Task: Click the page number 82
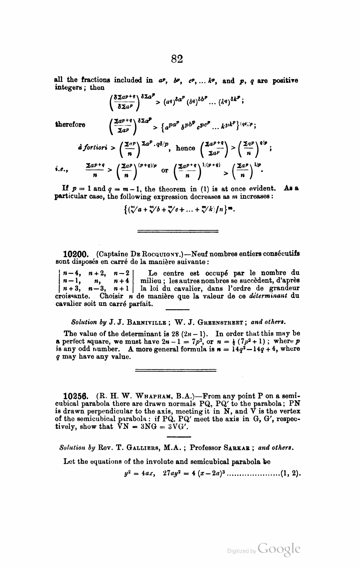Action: (x=177, y=59)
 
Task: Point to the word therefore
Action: (x=70, y=125)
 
